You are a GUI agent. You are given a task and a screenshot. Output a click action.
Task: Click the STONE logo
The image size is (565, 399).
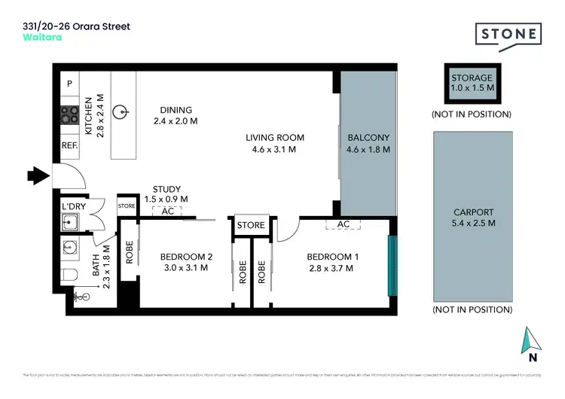[x=508, y=34]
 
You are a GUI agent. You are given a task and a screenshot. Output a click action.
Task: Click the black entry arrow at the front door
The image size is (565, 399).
[x=42, y=176]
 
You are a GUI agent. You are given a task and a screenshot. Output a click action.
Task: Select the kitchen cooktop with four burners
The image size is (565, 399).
[x=70, y=115]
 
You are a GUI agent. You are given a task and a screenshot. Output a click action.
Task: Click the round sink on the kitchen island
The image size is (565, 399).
[x=119, y=113]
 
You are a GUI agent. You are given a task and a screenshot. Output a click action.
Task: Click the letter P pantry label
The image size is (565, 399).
[x=69, y=84]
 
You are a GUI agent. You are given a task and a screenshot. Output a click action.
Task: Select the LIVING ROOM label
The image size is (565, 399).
[x=275, y=137]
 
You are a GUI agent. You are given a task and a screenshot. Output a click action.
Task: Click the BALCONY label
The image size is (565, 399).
[x=368, y=137]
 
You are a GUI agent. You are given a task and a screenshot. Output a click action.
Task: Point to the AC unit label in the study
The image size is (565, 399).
[x=168, y=212]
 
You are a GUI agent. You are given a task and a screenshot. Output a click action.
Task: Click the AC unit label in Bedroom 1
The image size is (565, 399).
[x=343, y=224]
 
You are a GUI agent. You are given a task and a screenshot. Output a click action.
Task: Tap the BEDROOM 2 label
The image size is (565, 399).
[x=186, y=257]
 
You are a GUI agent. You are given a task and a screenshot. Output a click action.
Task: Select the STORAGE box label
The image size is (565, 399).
[x=472, y=78]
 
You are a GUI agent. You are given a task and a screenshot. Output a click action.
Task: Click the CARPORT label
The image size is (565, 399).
[x=472, y=212]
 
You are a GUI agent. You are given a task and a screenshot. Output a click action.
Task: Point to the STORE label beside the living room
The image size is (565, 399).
[x=251, y=225]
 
